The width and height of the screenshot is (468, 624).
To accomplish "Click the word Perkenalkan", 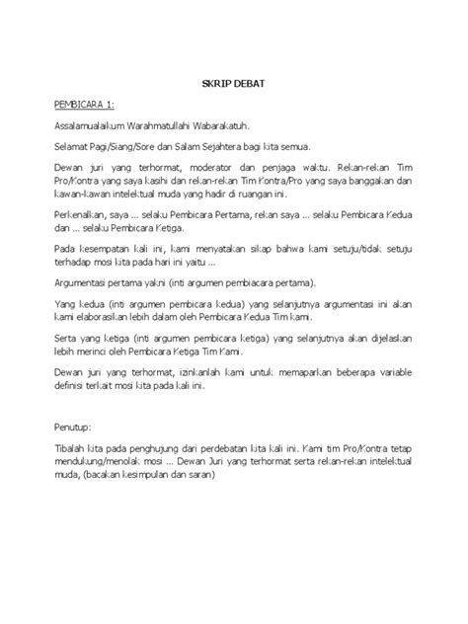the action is (82, 215).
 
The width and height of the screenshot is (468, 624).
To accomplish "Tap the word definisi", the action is (74, 386).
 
